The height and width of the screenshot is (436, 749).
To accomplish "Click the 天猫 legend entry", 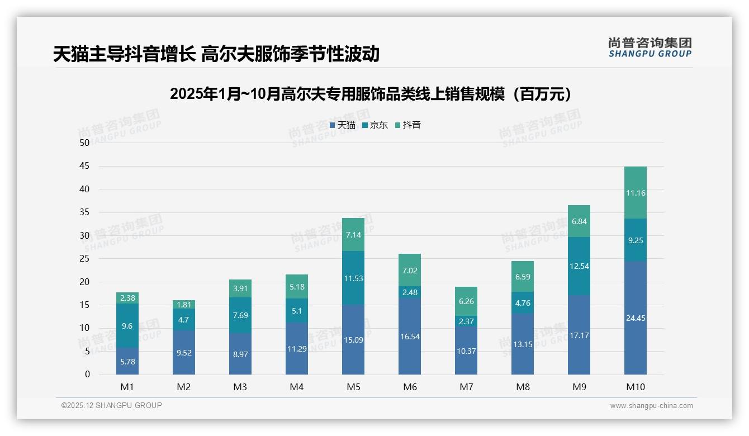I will (343, 125).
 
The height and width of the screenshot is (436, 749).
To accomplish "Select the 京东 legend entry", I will (375, 125).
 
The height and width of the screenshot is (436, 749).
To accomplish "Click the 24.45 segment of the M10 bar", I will (635, 318).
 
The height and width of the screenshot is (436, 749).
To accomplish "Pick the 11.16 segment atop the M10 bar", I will (635, 193).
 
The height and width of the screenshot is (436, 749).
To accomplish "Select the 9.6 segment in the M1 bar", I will (127, 326).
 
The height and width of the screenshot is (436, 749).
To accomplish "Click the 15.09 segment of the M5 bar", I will (353, 339).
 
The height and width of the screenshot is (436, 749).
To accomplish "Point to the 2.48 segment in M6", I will (410, 292).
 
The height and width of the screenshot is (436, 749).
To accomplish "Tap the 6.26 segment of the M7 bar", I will (466, 301).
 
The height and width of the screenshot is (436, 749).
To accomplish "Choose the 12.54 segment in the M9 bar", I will (579, 266).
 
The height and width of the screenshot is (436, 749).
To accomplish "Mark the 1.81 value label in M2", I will (184, 305).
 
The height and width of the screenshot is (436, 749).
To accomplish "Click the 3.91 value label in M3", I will (240, 288).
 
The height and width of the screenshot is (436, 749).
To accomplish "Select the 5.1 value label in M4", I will (297, 311).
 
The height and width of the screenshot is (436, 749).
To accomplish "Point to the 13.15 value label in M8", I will (523, 344).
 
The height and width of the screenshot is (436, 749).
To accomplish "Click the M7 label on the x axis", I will (466, 387).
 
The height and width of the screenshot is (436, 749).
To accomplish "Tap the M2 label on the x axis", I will (184, 387).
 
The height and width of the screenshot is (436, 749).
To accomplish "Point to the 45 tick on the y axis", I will (84, 166).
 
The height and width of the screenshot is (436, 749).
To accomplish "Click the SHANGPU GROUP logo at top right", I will (650, 48).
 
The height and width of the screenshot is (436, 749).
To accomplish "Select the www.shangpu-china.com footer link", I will (651, 406).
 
